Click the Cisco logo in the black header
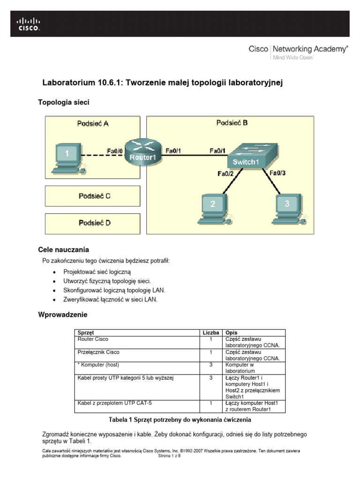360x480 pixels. [29, 24]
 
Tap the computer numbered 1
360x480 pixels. [68, 157]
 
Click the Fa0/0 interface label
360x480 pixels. [115, 151]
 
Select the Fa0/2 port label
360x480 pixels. [225, 173]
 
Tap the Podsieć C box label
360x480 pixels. [94, 196]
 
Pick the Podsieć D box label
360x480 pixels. [94, 223]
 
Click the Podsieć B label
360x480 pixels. [232, 123]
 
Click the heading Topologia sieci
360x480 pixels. [63, 102]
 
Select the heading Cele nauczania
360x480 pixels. [63, 249]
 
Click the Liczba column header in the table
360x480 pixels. [211, 332]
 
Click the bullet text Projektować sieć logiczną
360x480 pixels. [97, 271]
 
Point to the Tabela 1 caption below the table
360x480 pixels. [180, 419]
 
